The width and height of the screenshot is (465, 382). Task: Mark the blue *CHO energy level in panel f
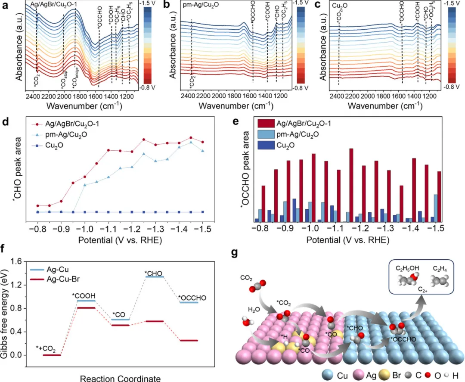(155, 277)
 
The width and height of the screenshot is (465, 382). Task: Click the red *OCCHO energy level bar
(189, 341)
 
